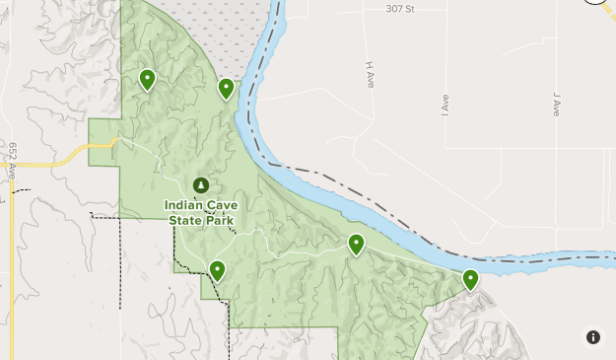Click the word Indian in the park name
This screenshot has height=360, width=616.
point(184,205)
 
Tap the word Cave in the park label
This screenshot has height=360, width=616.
point(222,205)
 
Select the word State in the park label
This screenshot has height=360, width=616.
point(184,220)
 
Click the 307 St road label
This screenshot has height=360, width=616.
point(401,9)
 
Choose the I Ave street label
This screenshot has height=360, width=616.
point(445,105)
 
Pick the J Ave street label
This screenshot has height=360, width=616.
point(556,105)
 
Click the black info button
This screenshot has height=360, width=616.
point(592,337)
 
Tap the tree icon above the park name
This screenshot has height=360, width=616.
point(201,185)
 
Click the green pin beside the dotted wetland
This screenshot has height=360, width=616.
point(226,88)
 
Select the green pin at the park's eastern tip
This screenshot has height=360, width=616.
point(471,279)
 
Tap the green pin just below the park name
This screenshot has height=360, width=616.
point(217,269)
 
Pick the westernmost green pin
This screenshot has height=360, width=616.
point(148,79)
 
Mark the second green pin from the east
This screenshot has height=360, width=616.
point(356,243)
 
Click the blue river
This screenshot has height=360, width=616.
point(325,187)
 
